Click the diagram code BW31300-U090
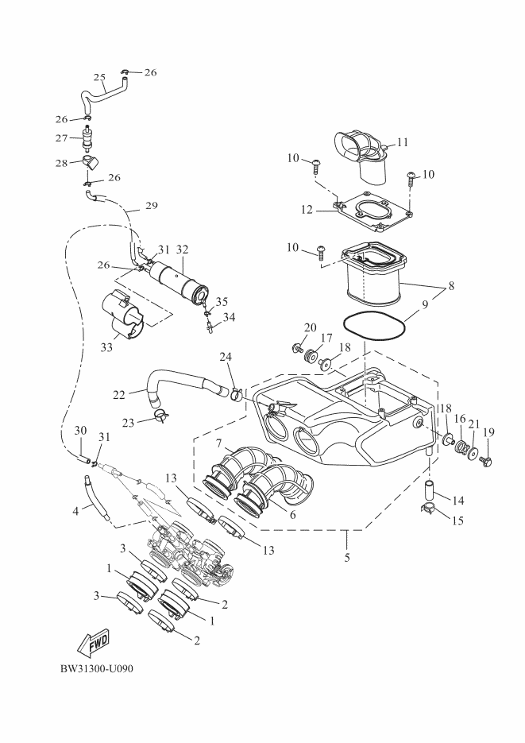coord(97,669)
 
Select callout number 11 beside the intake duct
coord(403,142)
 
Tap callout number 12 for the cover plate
coord(307,209)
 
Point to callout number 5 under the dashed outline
coord(347,558)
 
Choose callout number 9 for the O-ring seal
coord(425,304)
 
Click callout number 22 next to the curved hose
coord(119,394)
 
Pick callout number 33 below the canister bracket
coord(106,348)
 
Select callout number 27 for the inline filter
coord(61,138)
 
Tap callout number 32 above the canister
coord(182,250)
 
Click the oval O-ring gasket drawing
coord(374,327)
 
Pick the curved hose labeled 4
coord(96,497)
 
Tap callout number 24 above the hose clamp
coord(226,357)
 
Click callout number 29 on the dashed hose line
coord(152,206)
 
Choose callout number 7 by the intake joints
coord(218,444)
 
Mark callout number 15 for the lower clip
coord(457,520)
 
